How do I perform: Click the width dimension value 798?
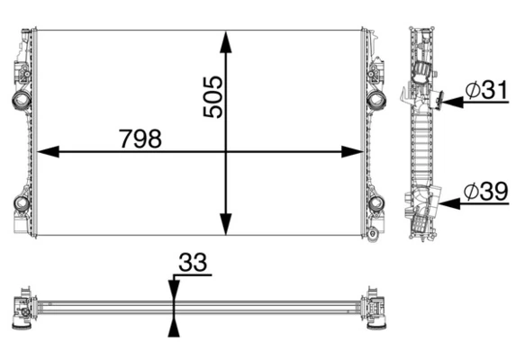tap(140, 139)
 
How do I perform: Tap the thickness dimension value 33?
tap(193, 263)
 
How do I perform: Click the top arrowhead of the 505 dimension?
tap(226, 40)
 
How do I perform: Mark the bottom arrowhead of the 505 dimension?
tap(226, 226)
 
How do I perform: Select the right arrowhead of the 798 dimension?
tap(353, 151)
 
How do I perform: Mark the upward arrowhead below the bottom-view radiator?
tap(174, 326)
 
